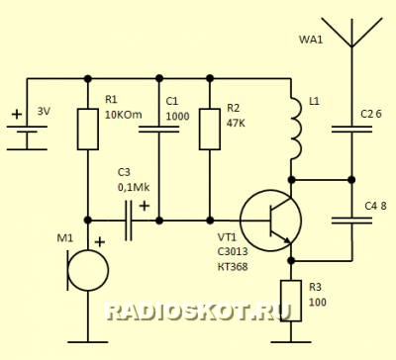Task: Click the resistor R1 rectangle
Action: tap(88, 129)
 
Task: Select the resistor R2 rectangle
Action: tap(210, 129)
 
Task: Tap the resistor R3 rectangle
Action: tap(291, 301)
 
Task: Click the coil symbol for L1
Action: tap(296, 127)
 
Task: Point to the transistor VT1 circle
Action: tap(270, 221)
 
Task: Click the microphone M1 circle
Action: tap(88, 270)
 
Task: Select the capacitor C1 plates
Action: tap(159, 129)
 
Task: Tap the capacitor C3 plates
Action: tap(129, 221)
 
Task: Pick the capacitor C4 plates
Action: tap(351, 221)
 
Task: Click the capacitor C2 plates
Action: tap(351, 129)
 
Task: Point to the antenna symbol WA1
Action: tap(351, 33)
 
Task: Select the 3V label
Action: tap(44, 112)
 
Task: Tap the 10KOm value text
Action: tap(124, 115)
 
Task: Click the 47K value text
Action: tap(236, 123)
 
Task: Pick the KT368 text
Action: tap(233, 266)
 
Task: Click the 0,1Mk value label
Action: tap(134, 187)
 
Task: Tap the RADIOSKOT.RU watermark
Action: tap(198, 312)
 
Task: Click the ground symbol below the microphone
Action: tap(88, 342)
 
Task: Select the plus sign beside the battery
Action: tap(17, 115)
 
